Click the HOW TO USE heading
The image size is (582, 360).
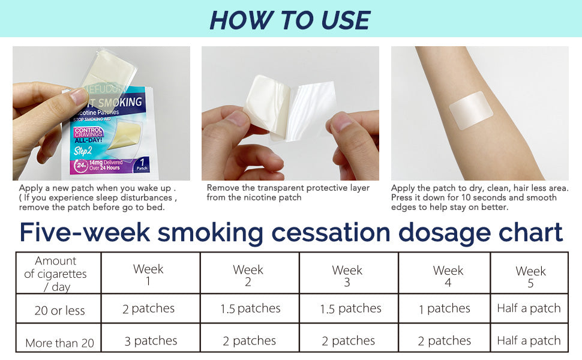pos(290,20)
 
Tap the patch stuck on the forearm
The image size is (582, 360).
pos(471,110)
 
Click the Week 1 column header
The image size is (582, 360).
pos(148,274)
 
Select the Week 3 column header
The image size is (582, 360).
pos(347,276)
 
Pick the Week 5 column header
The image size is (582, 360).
pos(530,277)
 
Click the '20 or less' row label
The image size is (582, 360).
pos(59,310)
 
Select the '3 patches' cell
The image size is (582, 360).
pos(151,341)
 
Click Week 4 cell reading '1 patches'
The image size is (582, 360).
pos(444,308)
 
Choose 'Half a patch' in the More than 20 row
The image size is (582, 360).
pos(529,340)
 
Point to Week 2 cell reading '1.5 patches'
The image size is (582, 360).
pos(250,308)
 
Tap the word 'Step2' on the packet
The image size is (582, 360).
pos(82,151)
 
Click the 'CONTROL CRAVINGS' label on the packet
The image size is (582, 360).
pos(88,132)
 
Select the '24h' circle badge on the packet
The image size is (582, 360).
pos(81,166)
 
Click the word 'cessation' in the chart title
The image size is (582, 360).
pos(331,232)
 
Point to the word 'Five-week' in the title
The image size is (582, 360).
pos(85,232)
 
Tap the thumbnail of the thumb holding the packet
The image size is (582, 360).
pos(79,96)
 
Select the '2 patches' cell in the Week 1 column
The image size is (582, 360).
pos(148,308)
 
